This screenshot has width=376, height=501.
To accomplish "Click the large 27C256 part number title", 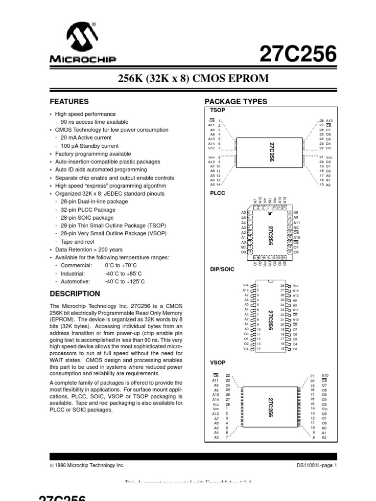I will [x=299, y=54].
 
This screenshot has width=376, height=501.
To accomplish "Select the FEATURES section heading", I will [x=70, y=102].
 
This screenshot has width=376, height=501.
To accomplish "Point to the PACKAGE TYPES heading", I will [x=235, y=102].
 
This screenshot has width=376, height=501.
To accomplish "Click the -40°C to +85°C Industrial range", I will [x=123, y=273].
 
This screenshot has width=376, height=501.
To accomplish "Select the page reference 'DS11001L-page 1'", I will [x=317, y=465].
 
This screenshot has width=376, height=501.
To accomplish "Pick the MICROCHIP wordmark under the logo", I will [x=82, y=60].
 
